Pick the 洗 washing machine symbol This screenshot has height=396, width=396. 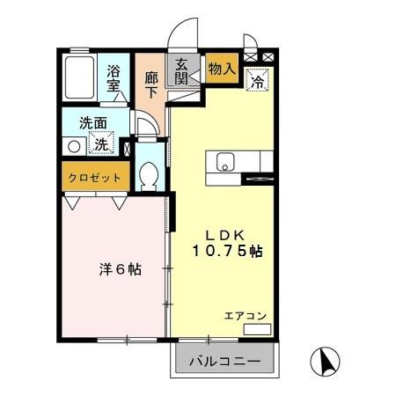[x=103, y=144]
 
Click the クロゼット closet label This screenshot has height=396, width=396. [x=95, y=178]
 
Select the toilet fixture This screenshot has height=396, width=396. [x=148, y=176]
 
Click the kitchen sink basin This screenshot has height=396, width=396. [x=224, y=161]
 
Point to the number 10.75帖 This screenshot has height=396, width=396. [x=228, y=251]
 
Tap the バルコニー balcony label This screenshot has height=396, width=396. [x=225, y=362]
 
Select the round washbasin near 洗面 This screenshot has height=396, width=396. [x=74, y=147]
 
